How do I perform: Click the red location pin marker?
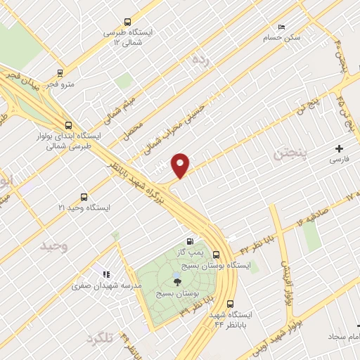point(181,165)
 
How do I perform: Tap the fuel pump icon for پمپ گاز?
point(188,242)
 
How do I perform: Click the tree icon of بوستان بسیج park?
point(176,281)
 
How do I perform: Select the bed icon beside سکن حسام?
point(282,27)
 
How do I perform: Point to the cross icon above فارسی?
point(340,148)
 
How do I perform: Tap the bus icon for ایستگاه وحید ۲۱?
point(84,197)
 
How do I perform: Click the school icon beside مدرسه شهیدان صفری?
point(105,274)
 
